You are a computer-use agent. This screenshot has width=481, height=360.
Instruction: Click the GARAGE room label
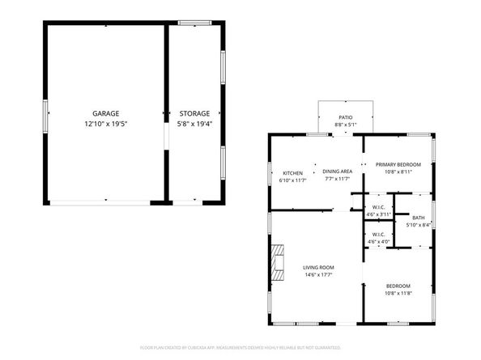point(106,114)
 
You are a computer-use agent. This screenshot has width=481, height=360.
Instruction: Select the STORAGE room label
point(194,114)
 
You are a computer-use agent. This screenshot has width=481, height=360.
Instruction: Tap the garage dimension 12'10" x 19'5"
point(106,124)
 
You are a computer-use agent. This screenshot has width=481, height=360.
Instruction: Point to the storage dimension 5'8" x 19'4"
point(194,124)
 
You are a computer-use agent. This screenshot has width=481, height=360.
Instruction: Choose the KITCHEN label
point(292,172)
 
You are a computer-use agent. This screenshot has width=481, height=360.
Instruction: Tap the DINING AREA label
point(337,172)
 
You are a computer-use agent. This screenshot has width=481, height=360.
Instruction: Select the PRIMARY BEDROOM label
point(398,164)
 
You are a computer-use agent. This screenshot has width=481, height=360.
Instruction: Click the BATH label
point(418,218)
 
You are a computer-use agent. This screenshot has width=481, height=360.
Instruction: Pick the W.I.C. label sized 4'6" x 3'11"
point(379,207)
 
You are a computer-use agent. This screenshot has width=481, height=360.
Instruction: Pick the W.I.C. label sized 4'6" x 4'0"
point(379,235)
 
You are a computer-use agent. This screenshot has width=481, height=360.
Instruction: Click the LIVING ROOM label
point(318,268)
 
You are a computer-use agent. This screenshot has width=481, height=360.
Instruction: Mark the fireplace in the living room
point(278,261)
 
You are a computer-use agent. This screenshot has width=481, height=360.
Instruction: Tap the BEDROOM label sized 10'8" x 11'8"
point(398,286)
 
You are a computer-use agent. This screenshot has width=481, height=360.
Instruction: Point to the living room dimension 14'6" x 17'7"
point(318,276)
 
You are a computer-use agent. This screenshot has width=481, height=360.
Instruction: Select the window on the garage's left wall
point(45,112)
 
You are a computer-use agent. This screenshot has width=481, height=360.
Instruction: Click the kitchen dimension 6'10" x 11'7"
point(292,180)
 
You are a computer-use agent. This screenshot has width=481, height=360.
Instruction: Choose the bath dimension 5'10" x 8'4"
point(418,225)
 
